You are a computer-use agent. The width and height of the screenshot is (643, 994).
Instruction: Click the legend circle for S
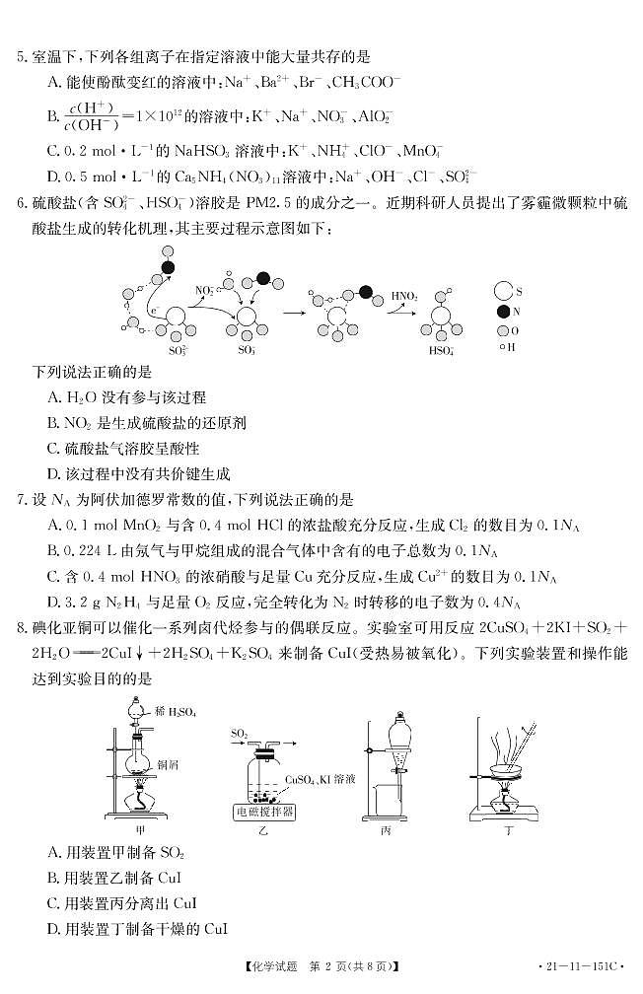(x=502, y=291)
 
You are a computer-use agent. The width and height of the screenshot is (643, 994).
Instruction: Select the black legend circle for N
(x=502, y=312)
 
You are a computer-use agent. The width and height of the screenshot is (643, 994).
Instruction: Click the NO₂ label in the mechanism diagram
(x=205, y=290)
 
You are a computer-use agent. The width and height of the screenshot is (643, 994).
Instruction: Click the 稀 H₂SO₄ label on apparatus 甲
(x=175, y=711)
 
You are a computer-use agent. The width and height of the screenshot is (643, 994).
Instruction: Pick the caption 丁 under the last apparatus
(x=509, y=832)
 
